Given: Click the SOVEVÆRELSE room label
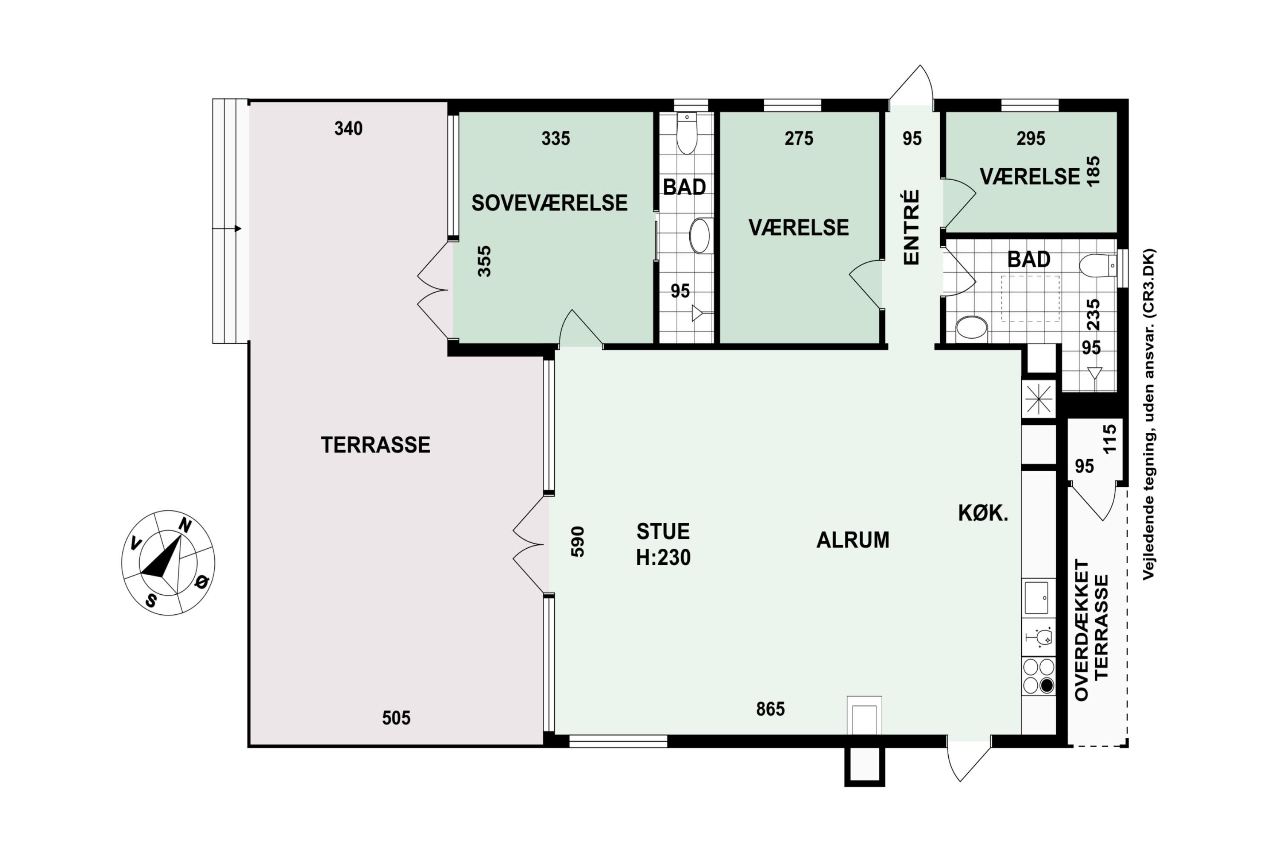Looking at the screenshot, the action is (x=550, y=203).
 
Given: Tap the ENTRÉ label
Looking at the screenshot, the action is (x=911, y=227).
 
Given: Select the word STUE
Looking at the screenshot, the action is (x=663, y=531).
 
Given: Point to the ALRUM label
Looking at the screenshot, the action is (x=853, y=540).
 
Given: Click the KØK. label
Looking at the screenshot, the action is (x=983, y=513).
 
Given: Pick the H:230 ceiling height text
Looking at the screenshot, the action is (x=663, y=558).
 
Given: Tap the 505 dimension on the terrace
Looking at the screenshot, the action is (x=396, y=718).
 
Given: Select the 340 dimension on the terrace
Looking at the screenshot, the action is (x=348, y=129).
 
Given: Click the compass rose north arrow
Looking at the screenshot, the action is (x=161, y=556).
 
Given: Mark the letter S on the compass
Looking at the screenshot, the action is (x=152, y=600).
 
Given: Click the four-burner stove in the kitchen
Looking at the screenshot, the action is (x=1039, y=676).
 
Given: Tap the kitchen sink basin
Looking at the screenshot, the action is (x=1036, y=598).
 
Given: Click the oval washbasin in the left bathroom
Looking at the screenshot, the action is (x=699, y=236).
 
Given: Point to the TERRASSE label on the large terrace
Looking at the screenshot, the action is (x=375, y=445).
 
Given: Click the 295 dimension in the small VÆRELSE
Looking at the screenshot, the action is (x=1031, y=138).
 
